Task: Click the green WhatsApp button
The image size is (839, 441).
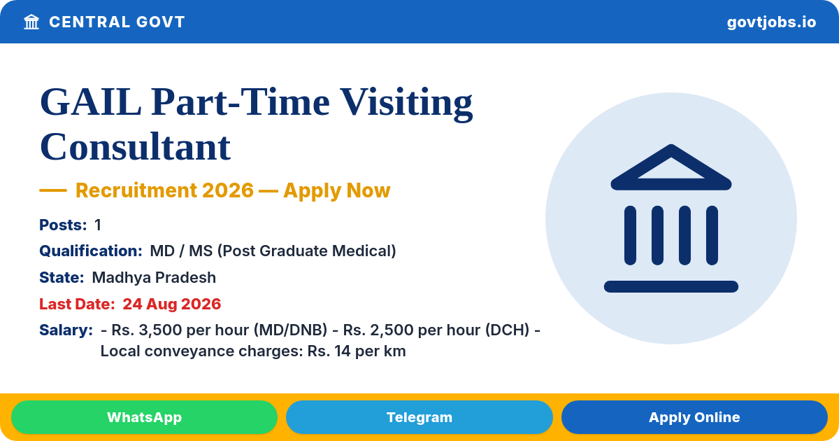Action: (144, 417)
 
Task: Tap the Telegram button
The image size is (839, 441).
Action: (419, 417)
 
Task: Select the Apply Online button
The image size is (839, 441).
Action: (694, 417)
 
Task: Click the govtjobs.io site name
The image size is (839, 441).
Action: (771, 22)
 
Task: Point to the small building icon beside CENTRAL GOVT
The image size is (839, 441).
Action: (31, 22)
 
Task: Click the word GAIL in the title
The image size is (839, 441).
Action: (91, 102)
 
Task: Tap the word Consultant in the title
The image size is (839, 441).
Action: (135, 146)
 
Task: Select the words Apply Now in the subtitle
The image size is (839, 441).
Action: (337, 190)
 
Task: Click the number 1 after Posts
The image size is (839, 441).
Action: (98, 225)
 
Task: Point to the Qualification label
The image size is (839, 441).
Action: (91, 251)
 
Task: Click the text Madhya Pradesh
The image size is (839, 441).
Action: (154, 277)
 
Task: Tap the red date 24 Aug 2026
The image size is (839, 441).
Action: (171, 304)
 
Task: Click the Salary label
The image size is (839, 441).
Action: (66, 330)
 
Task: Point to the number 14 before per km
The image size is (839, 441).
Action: (343, 351)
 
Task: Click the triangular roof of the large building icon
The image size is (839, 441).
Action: (671, 167)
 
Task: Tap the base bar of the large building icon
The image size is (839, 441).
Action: (671, 286)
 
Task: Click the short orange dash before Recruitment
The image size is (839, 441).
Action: (53, 190)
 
